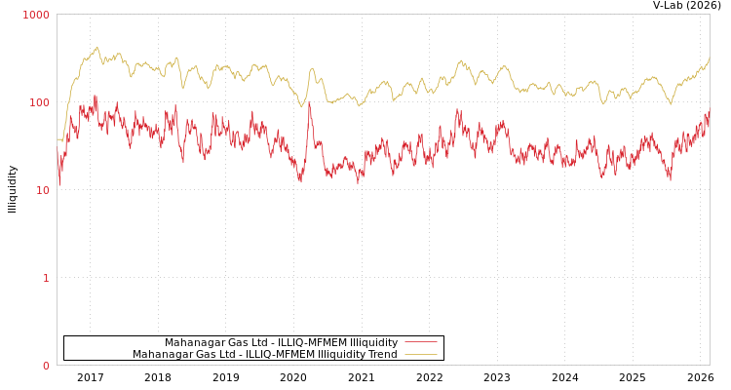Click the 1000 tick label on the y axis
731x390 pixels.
pos(36,15)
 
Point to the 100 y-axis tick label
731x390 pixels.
pos(39,102)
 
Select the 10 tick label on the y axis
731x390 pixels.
pos(42,190)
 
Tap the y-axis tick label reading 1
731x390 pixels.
pos(46,278)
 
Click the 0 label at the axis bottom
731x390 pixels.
pos(46,366)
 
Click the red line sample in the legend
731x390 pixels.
pos(420,342)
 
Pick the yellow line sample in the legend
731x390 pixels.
pos(420,355)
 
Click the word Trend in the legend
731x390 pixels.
pos(379,355)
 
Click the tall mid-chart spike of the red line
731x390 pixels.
pos(310,101)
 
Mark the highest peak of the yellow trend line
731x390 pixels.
pos(96,47)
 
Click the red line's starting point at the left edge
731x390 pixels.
pos(58,181)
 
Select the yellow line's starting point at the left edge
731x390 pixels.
pos(58,139)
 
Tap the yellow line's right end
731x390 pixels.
pos(709,58)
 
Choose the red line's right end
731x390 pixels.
pos(709,113)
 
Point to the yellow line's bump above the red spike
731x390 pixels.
pos(312,68)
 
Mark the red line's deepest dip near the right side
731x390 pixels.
pos(670,179)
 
